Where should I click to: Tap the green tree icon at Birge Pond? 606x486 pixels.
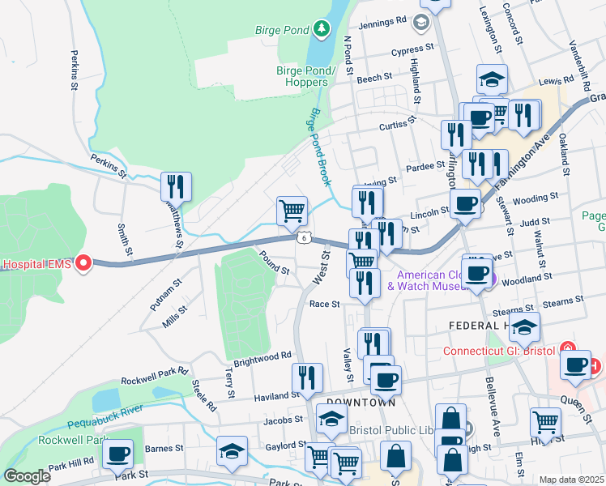322,30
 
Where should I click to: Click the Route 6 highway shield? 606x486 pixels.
302,237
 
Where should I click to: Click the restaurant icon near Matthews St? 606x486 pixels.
176,187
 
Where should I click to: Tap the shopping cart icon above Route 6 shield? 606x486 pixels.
292,211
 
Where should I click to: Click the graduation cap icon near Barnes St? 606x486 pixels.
232,451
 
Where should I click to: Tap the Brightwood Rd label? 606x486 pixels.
262,357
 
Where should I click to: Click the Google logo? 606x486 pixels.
27,475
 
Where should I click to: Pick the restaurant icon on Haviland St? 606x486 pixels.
308,378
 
